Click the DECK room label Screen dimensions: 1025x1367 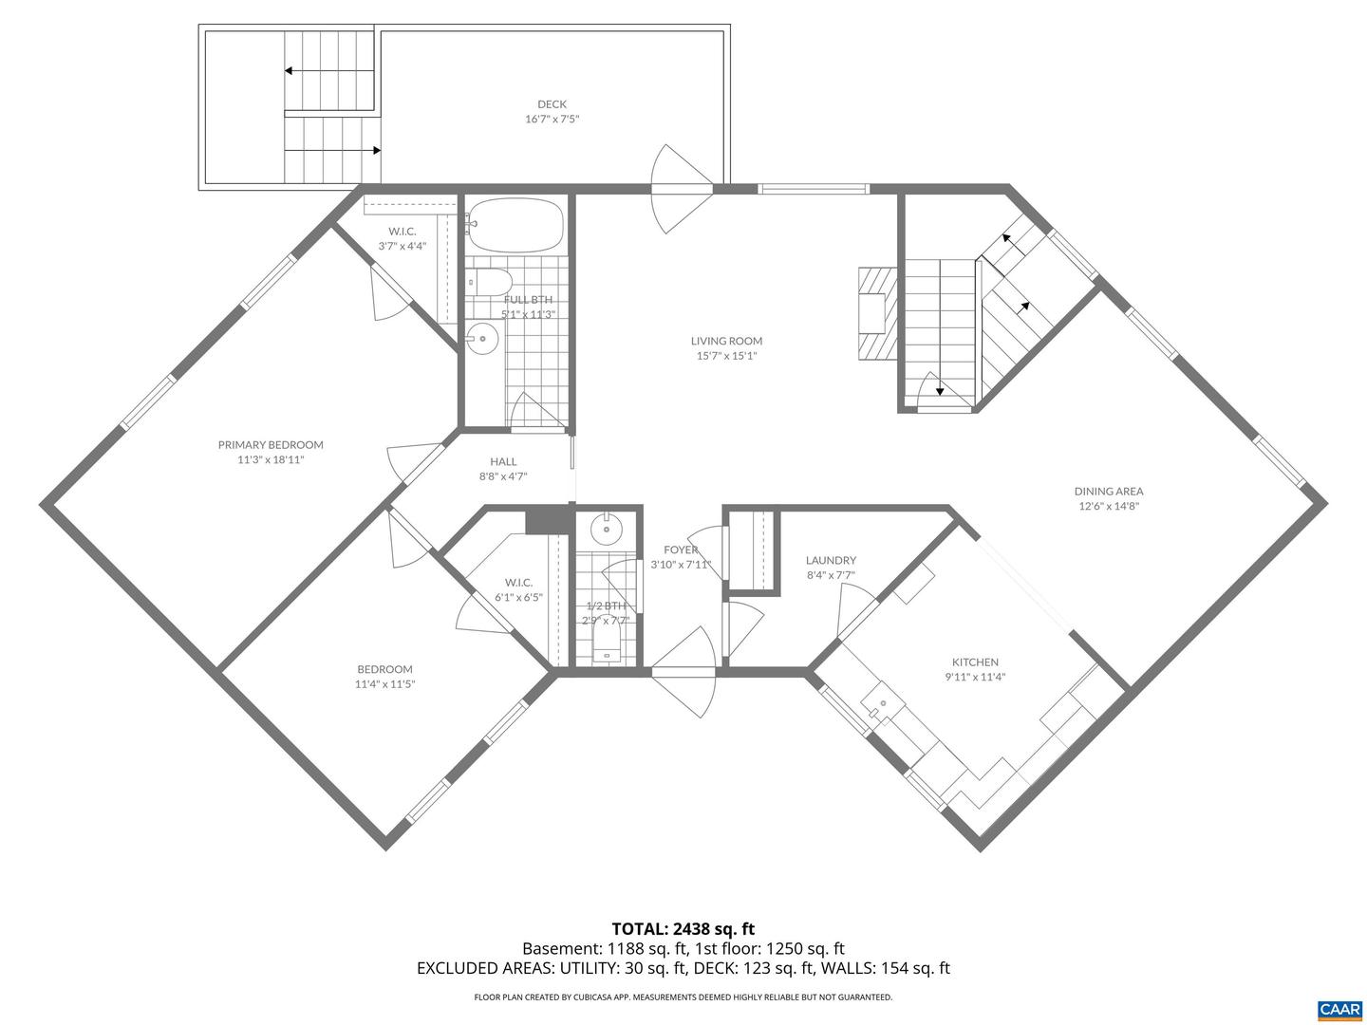552,104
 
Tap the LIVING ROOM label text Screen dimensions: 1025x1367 726,341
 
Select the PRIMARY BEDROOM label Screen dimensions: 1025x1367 271,444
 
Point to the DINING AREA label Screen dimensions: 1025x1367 1108,491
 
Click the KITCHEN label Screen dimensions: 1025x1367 975,662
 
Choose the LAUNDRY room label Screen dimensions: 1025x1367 831,560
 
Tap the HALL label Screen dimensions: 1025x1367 503,461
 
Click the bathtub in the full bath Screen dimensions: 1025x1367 516,224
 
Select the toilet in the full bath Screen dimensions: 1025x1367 490,281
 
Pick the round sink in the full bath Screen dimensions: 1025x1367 483,338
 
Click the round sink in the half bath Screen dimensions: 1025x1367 605,528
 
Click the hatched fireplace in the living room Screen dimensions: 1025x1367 875,313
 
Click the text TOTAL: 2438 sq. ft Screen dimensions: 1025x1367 683,928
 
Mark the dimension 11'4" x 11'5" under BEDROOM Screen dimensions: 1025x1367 384,683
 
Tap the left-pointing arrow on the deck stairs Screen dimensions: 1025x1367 289,70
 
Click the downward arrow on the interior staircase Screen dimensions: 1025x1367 940,389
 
